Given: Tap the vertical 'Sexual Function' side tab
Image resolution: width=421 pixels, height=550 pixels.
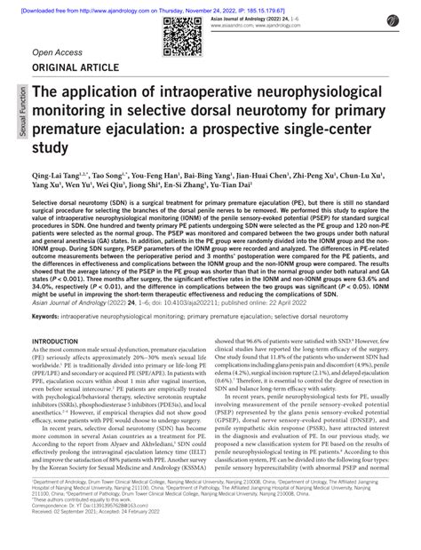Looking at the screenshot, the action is (14, 123).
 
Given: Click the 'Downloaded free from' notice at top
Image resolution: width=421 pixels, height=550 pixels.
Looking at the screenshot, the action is (210, 4).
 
